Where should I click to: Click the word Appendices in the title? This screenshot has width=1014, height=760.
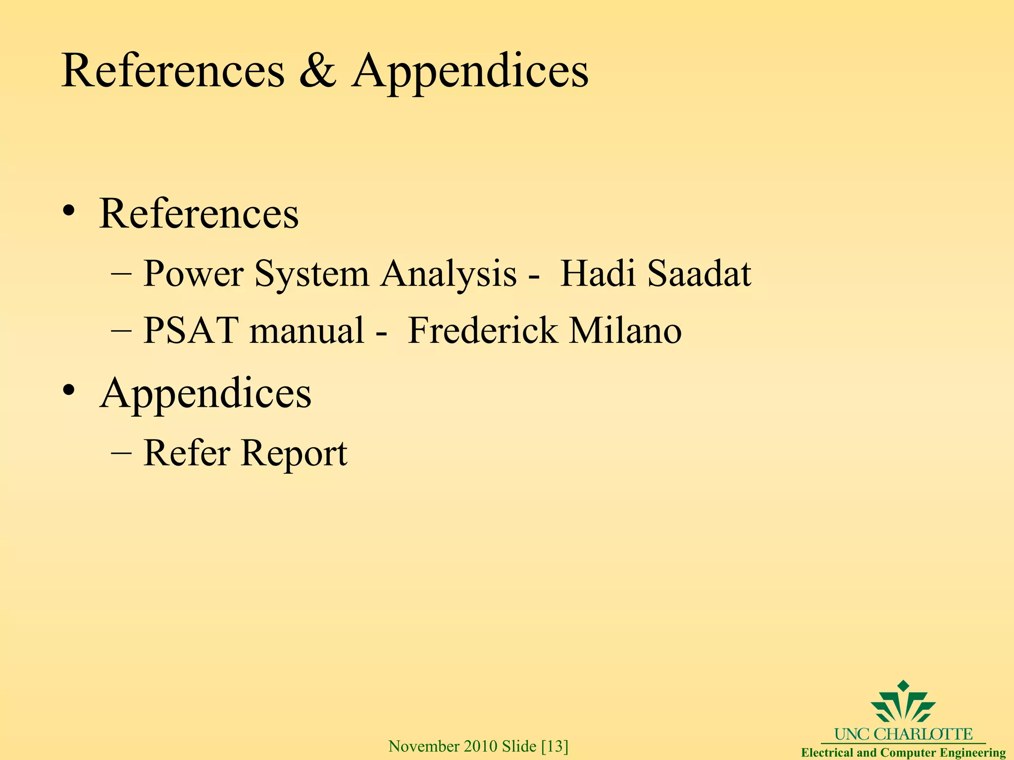470,72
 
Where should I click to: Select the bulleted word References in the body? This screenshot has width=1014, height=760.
199,213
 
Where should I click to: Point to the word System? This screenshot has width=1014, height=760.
311,274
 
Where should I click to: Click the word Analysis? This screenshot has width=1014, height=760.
449,274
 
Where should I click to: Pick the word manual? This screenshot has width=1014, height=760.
307,331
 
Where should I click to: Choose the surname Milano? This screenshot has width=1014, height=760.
625,331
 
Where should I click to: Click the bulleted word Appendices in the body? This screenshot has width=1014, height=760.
205,393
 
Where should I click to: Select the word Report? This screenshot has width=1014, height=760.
294,453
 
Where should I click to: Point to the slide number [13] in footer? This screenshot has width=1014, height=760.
555,746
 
